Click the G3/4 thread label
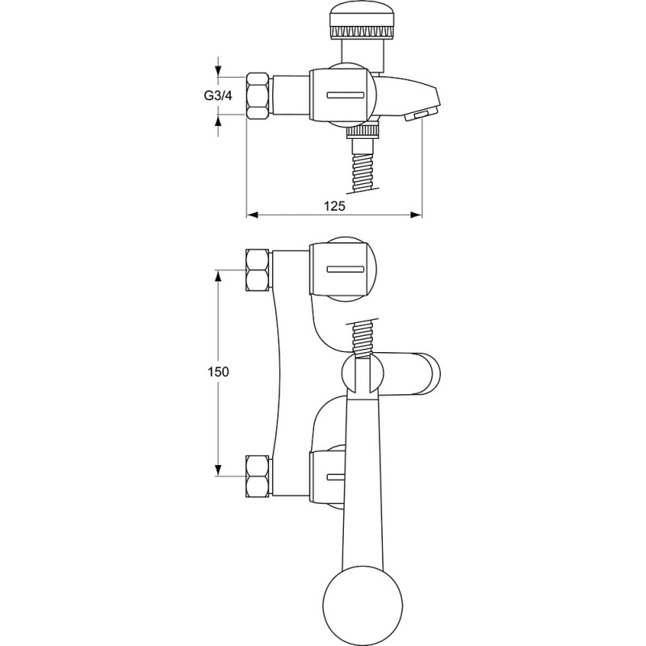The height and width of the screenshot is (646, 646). click(x=218, y=96)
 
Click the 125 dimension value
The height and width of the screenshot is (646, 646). click(x=334, y=206)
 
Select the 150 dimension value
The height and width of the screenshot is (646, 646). click(x=218, y=371)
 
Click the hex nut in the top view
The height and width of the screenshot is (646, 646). click(x=258, y=96)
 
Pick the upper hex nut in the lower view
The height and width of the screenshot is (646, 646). click(x=258, y=271)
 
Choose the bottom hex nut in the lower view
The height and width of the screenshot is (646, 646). click(x=258, y=476)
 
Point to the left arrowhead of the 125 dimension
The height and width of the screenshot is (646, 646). click(x=252, y=215)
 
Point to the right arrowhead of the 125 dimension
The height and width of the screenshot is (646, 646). click(x=417, y=215)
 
